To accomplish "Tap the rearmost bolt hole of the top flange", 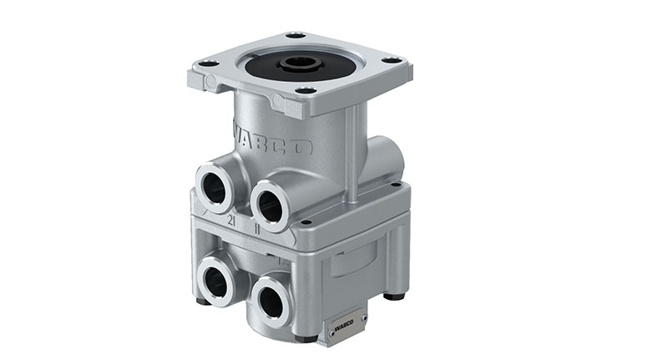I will pos(295,35).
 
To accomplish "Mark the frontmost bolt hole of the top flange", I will pos(307,90).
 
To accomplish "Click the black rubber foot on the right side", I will pos(394,295).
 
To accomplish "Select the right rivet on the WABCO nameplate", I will pos(363,317).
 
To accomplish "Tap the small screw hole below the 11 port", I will pos(307,223).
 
